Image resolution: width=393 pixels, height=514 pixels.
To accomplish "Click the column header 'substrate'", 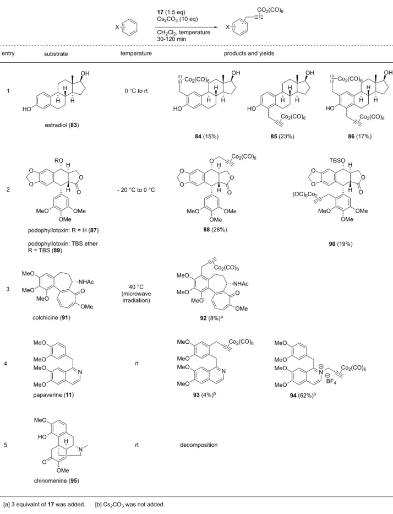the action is [x=56, y=53].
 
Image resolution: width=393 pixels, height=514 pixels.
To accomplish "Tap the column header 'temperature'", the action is [x=136, y=53].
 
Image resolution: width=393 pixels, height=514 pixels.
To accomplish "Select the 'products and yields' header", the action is [x=249, y=53].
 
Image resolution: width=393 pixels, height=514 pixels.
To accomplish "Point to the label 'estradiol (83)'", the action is [x=62, y=125].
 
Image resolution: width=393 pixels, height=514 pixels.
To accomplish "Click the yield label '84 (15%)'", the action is [x=206, y=137].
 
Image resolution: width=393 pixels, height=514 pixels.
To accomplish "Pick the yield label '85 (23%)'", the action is [x=282, y=137].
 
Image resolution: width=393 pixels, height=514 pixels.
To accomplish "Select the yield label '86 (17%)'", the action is [x=359, y=137].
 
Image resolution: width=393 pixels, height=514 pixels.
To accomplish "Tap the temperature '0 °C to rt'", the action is [x=136, y=91].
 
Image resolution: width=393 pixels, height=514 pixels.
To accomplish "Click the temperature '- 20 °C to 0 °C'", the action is [x=137, y=190].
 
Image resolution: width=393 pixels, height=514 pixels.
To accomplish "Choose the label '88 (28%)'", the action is [x=215, y=230].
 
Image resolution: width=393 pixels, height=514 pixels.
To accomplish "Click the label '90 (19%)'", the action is [x=341, y=244].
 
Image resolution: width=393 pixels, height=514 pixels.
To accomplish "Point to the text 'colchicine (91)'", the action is [x=51, y=317].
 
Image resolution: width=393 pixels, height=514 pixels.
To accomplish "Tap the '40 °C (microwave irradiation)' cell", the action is [x=137, y=294].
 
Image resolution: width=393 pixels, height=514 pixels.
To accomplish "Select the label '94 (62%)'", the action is [x=303, y=396].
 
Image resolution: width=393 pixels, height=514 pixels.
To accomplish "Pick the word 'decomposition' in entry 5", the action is [x=199, y=445].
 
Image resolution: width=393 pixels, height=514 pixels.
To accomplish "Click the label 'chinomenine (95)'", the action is [x=56, y=480].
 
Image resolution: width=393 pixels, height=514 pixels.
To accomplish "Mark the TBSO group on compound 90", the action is [x=337, y=160].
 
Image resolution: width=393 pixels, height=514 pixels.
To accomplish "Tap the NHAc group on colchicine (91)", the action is [x=86, y=282].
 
